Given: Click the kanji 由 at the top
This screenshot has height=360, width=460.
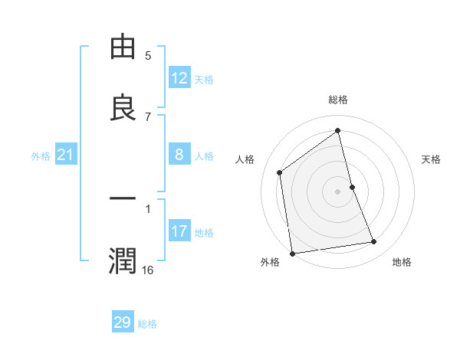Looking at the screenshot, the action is point(123,47).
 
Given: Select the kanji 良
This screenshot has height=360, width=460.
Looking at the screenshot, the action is point(123,108).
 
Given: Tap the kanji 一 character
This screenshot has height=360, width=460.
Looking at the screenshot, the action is point(123,200).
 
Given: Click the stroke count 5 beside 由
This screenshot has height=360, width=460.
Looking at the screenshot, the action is point(148,55).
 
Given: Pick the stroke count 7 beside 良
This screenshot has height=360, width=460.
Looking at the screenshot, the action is point(148,116).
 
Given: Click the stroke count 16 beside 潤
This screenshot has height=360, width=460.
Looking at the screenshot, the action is point(148,270).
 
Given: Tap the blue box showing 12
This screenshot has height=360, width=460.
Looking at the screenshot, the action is point(179,78).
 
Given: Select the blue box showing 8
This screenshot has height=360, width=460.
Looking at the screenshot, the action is point(179,155).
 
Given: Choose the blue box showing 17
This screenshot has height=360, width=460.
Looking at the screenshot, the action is point(179,231).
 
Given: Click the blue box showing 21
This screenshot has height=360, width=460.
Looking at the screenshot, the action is point(66,155).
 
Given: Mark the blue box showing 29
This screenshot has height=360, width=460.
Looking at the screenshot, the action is point(123,322).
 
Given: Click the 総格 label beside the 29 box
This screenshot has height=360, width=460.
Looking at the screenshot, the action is point(148,324).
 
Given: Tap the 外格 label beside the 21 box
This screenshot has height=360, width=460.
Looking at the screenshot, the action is point(41,156).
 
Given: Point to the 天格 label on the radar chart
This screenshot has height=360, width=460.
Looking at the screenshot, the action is point(431,159).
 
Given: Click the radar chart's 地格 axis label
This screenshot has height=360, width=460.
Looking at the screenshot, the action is point(402,262).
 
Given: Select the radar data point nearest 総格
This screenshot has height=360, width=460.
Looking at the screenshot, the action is point(338,130).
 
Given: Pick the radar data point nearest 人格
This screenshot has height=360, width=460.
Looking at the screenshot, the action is point(280,172).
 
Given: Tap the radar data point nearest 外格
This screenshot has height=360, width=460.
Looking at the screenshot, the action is point(292,253).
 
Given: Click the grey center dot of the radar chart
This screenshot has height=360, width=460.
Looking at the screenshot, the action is point(338,191).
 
